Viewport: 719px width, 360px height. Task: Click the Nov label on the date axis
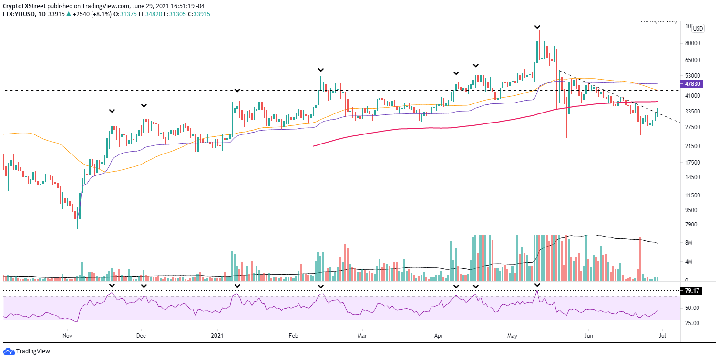point(67,335)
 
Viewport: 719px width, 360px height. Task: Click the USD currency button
point(698,29)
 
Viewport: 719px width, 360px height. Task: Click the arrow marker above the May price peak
point(537,27)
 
